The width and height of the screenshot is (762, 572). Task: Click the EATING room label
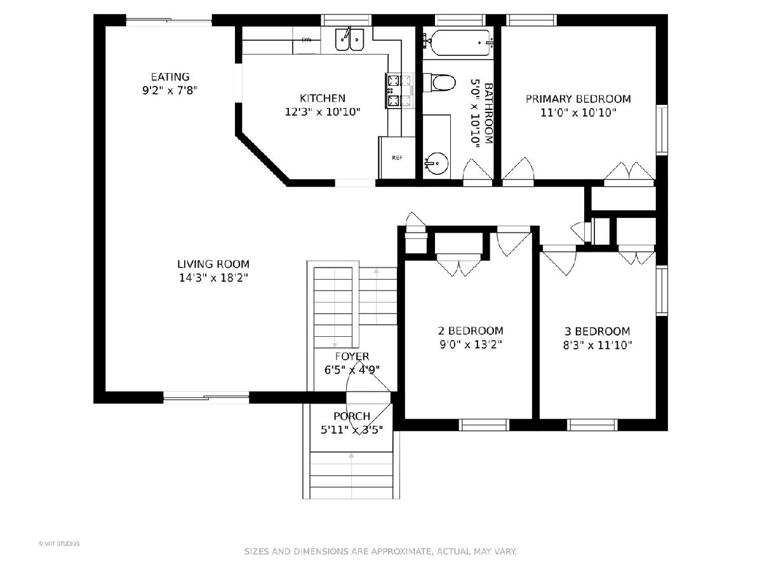tap(170, 77)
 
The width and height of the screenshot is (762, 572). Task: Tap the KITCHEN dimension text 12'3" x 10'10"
tap(323, 112)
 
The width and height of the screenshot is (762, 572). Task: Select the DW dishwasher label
tap(307, 40)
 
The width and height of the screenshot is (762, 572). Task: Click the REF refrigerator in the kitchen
tap(397, 158)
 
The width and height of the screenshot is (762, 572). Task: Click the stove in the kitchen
tap(399, 90)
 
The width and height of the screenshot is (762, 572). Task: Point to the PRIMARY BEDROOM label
tap(578, 99)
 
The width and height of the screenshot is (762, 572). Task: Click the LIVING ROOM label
tap(213, 264)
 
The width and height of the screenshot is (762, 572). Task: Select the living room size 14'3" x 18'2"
tap(213, 278)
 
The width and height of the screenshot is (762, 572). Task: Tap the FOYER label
tap(352, 357)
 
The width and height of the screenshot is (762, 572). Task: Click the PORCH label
tap(352, 416)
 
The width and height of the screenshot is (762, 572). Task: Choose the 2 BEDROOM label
tap(471, 330)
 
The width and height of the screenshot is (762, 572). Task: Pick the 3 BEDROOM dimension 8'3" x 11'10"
tap(598, 345)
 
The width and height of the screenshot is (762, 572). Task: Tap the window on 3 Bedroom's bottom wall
tap(592, 425)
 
